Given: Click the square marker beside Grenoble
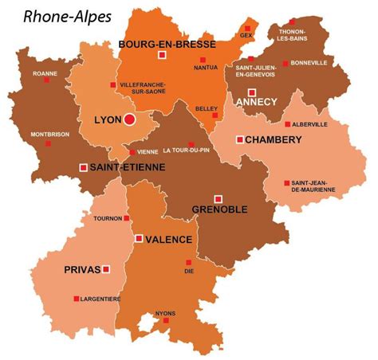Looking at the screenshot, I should coord(218,198).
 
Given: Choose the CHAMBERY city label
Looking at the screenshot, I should coord(273,139).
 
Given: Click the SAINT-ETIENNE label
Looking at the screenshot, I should coord(128,167).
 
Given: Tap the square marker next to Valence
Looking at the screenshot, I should coord(138,238).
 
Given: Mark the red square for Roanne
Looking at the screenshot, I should coord(46,80).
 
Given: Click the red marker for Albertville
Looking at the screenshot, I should coord(287,124).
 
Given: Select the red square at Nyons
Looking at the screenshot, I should coord(166,323).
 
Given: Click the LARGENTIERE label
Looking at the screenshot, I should coord(100,299).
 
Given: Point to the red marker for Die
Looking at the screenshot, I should coord(189,262).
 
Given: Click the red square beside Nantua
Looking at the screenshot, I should coord(203,61).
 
